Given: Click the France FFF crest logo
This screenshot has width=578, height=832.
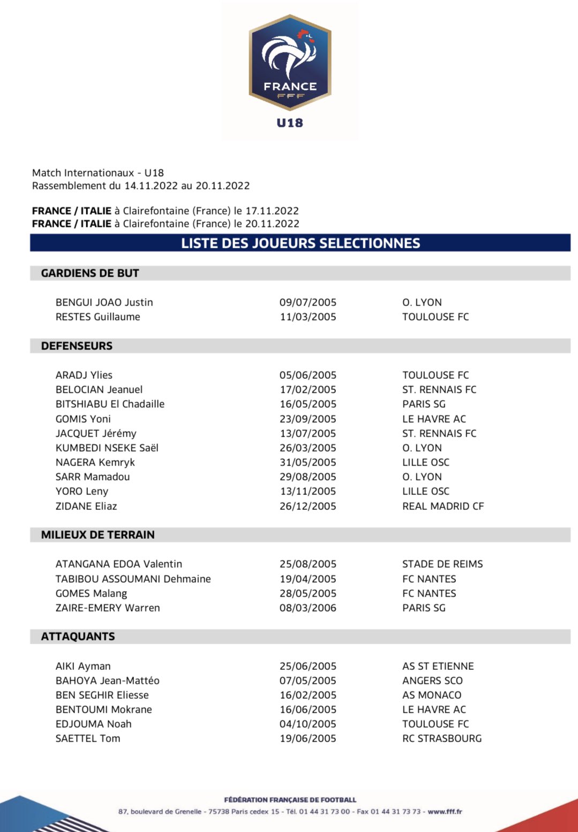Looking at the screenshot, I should tap(290, 63).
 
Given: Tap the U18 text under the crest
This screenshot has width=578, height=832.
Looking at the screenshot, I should tap(290, 123).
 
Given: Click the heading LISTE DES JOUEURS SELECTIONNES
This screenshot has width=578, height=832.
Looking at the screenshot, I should tap(300, 243).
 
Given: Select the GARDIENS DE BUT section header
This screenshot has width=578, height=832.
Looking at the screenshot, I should tap(90, 273).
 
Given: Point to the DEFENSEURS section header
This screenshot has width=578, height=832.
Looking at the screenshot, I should tap(77, 346).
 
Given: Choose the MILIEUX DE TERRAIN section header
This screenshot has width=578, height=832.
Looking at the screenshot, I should tap(97, 535).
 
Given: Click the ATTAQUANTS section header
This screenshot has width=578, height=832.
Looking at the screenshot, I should tap(78, 637).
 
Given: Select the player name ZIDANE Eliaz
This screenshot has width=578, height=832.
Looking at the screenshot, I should tap(86, 506).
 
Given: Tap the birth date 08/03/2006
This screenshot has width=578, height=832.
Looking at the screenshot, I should tap(308, 608).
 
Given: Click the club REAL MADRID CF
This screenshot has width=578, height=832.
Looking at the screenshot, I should tap(443, 506).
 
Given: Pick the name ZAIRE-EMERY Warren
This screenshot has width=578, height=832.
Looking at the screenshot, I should tap(108, 608).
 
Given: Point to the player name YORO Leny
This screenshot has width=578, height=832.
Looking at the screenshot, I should tap(82, 491).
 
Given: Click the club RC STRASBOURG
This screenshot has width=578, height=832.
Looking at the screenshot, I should tap(442, 738).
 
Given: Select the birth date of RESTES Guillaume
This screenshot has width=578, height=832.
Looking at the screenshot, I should tap(308, 317).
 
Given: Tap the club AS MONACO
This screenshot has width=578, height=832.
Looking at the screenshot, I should tap(432, 695).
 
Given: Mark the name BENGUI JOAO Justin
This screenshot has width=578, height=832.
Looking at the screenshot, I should tap(104, 302).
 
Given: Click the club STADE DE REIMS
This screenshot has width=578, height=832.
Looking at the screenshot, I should tap(442, 564).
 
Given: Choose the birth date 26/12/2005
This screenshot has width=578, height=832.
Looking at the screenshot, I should tap(308, 506).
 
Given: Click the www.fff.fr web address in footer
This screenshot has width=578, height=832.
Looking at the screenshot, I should tap(445, 812).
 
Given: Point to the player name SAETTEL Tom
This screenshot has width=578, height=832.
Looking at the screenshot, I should tap(88, 738).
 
